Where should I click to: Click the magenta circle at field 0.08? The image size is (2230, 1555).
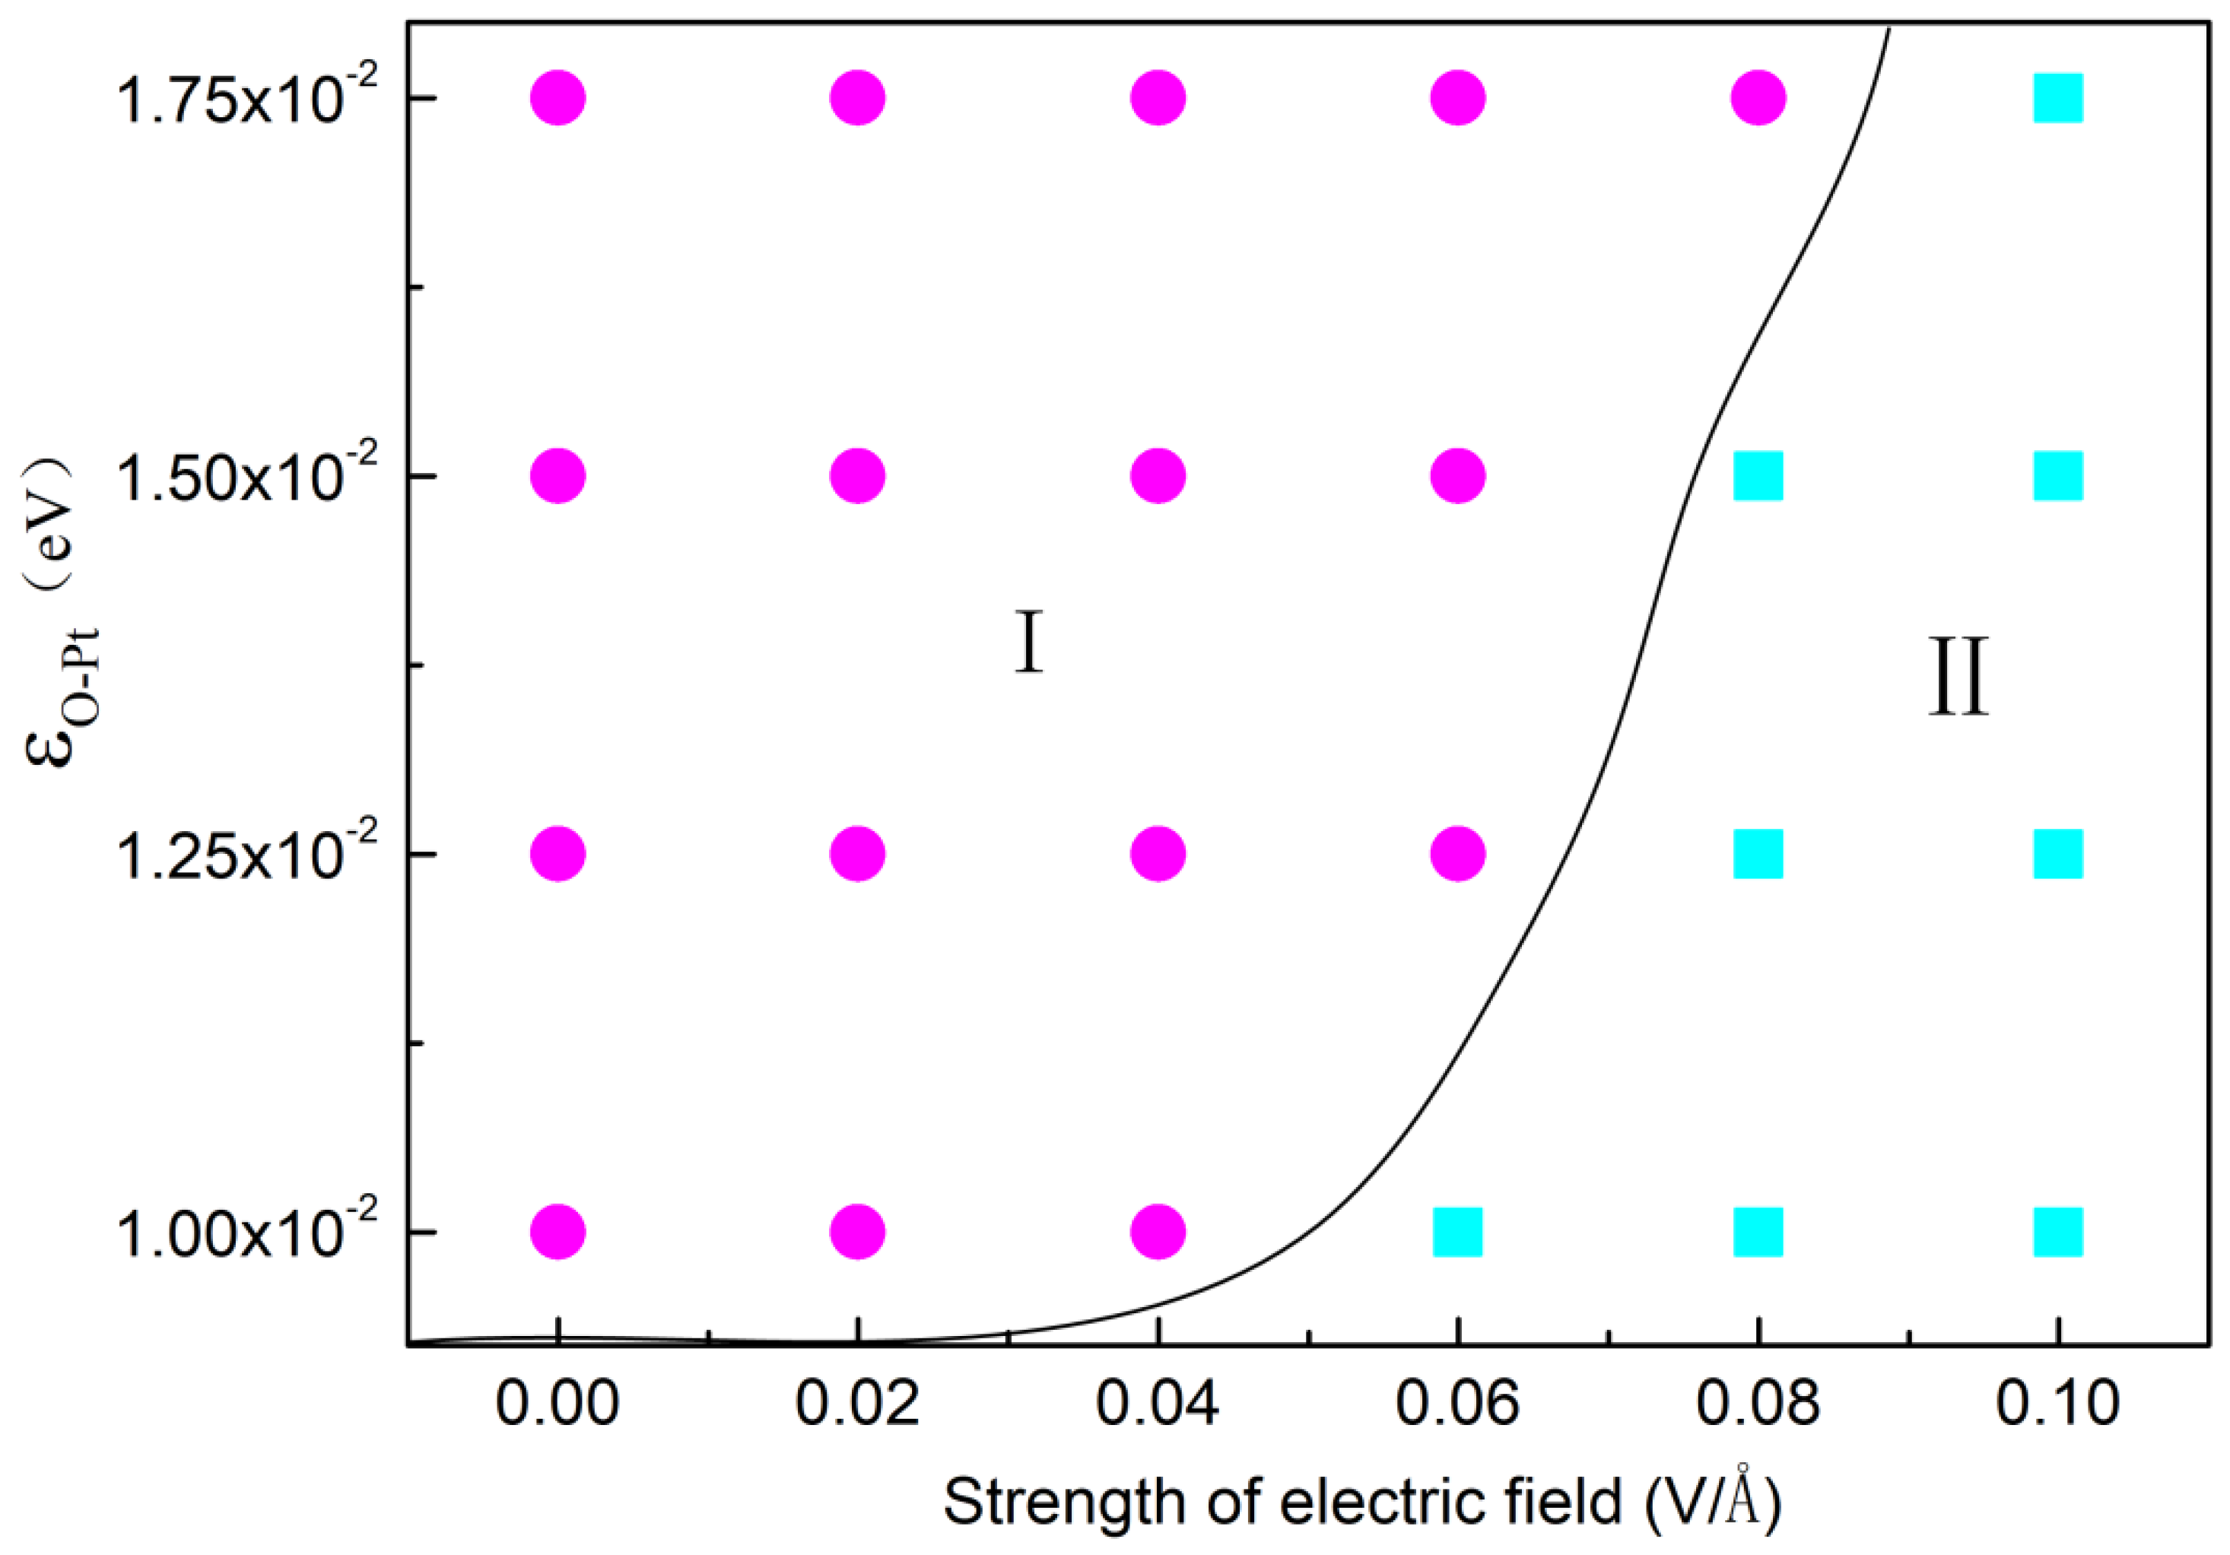(1758, 98)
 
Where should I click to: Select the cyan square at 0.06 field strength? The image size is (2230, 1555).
(1458, 1233)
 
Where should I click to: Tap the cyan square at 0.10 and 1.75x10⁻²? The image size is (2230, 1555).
(2058, 98)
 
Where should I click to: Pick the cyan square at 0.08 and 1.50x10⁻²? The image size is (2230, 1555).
(1758, 476)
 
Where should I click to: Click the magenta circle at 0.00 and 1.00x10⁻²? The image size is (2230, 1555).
(557, 1233)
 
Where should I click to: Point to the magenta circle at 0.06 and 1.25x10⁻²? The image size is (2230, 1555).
(1458, 854)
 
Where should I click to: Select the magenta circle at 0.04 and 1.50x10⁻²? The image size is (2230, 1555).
(1158, 476)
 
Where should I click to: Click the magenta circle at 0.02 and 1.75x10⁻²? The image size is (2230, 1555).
(858, 98)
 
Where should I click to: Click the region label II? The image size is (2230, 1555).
(1958, 677)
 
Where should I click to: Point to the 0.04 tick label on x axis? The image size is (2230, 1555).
(1158, 1404)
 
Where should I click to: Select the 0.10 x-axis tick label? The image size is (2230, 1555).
(2058, 1404)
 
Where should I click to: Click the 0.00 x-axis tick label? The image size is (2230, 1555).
(557, 1404)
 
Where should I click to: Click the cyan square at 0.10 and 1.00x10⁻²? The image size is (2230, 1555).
(2058, 1233)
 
